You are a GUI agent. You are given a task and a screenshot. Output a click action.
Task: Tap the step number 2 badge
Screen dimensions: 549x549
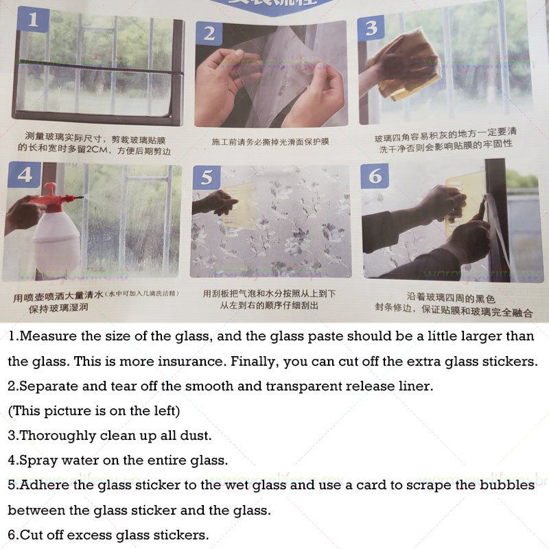click(209, 33)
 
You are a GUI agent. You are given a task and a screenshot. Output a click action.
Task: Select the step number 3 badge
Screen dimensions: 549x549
click(371, 28)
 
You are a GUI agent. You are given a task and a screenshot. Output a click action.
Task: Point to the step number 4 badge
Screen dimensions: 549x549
click(25, 176)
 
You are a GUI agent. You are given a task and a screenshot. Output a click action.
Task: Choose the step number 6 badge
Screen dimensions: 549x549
click(375, 176)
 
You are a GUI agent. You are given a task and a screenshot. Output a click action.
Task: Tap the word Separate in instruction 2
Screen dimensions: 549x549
click(47, 386)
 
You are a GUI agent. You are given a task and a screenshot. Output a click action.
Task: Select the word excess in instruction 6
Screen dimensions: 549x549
click(81, 535)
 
